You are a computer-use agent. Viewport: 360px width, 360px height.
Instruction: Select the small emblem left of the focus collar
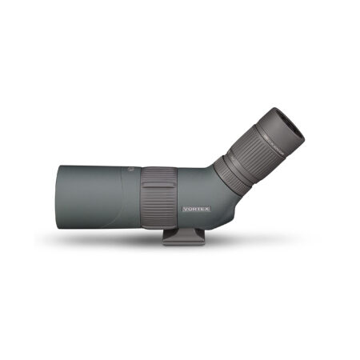tap(130, 171)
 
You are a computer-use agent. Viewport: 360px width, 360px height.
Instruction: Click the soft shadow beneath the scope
tap(120, 240)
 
